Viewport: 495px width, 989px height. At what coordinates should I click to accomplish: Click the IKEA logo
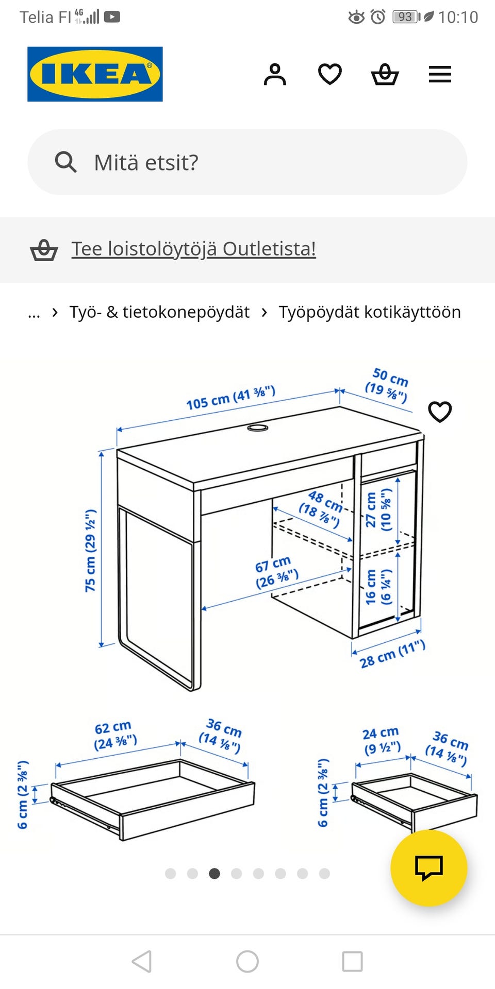[95, 74]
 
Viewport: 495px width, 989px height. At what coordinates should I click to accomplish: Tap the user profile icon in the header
[275, 75]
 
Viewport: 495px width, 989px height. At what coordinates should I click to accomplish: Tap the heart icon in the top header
[330, 74]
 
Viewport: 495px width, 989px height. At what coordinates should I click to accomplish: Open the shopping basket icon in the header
[385, 75]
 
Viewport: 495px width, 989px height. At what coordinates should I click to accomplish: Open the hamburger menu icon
[440, 75]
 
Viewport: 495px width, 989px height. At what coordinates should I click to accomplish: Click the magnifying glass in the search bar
[65, 162]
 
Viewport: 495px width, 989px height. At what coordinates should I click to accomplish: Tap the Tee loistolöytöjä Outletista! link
[193, 249]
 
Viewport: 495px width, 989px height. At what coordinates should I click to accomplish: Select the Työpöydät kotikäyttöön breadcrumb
[370, 312]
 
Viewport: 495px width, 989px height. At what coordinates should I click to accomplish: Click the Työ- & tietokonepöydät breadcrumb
[159, 312]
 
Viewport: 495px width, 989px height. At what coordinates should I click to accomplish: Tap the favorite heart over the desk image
[440, 412]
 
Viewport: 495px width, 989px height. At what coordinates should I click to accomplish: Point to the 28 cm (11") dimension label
[392, 654]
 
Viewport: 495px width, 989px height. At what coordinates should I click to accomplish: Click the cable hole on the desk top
[257, 428]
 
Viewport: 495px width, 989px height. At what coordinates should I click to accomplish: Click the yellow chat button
[428, 868]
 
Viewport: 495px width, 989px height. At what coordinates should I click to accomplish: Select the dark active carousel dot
[214, 874]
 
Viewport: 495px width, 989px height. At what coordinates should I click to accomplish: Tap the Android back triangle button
[142, 961]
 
